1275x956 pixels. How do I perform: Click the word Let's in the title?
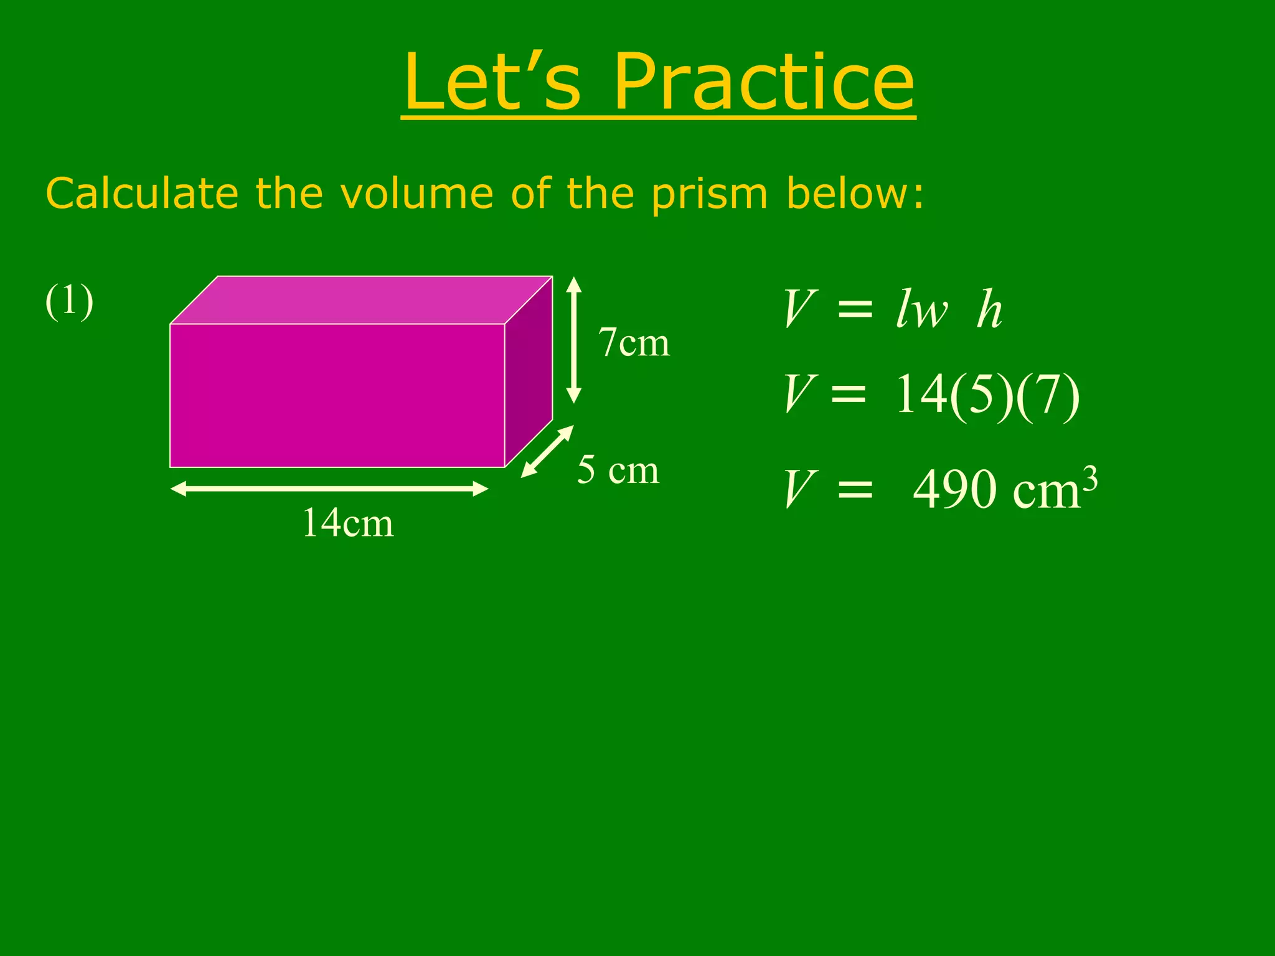pyautogui.click(x=492, y=83)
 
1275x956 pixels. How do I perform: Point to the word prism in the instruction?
pyautogui.click(x=709, y=194)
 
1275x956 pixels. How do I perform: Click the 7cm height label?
pyautogui.click(x=634, y=343)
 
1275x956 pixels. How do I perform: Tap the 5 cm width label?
pyautogui.click(x=618, y=470)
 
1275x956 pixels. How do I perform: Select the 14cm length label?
pyautogui.click(x=348, y=523)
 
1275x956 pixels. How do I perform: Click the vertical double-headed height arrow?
pyautogui.click(x=574, y=340)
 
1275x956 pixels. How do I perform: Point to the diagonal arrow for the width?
pyautogui.click(x=547, y=451)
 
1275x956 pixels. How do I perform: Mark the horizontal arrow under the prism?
pyautogui.click(x=329, y=489)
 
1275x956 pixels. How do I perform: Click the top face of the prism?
pyautogui.click(x=361, y=300)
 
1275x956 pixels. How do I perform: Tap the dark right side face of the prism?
pyautogui.click(x=529, y=372)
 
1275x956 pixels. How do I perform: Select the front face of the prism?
pyautogui.click(x=337, y=395)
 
